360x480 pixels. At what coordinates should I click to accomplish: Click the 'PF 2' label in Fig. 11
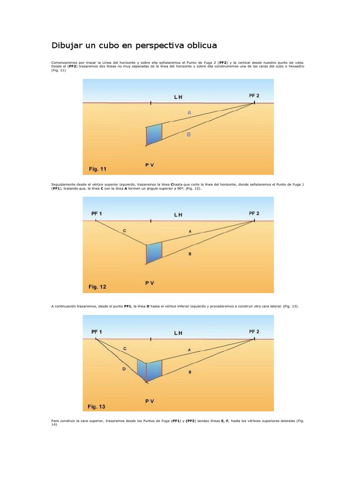click(254, 96)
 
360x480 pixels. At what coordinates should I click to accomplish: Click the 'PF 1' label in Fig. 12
click(96, 213)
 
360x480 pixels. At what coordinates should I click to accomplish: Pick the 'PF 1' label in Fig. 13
click(96, 331)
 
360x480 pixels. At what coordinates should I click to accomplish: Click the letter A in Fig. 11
click(189, 112)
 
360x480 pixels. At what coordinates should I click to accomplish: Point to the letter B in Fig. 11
click(189, 135)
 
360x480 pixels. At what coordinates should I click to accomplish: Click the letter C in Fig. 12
click(124, 231)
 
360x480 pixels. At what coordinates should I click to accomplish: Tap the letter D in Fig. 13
click(124, 369)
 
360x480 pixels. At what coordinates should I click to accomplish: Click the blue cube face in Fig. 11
click(154, 135)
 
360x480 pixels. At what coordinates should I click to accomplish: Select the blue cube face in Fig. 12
click(154, 253)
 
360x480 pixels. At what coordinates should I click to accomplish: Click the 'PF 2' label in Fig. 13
click(254, 331)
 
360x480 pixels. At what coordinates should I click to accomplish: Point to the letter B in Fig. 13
click(189, 372)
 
